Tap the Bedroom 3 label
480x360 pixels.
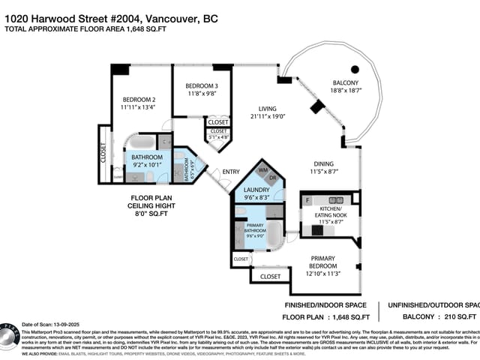[x=202, y=86]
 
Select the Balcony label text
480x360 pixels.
[x=345, y=82]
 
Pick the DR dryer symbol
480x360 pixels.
[x=273, y=179]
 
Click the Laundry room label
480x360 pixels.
[x=256, y=190]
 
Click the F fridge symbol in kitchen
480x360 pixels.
[x=307, y=200]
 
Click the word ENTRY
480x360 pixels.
[x=231, y=172]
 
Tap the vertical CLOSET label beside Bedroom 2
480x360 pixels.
[x=103, y=153]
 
